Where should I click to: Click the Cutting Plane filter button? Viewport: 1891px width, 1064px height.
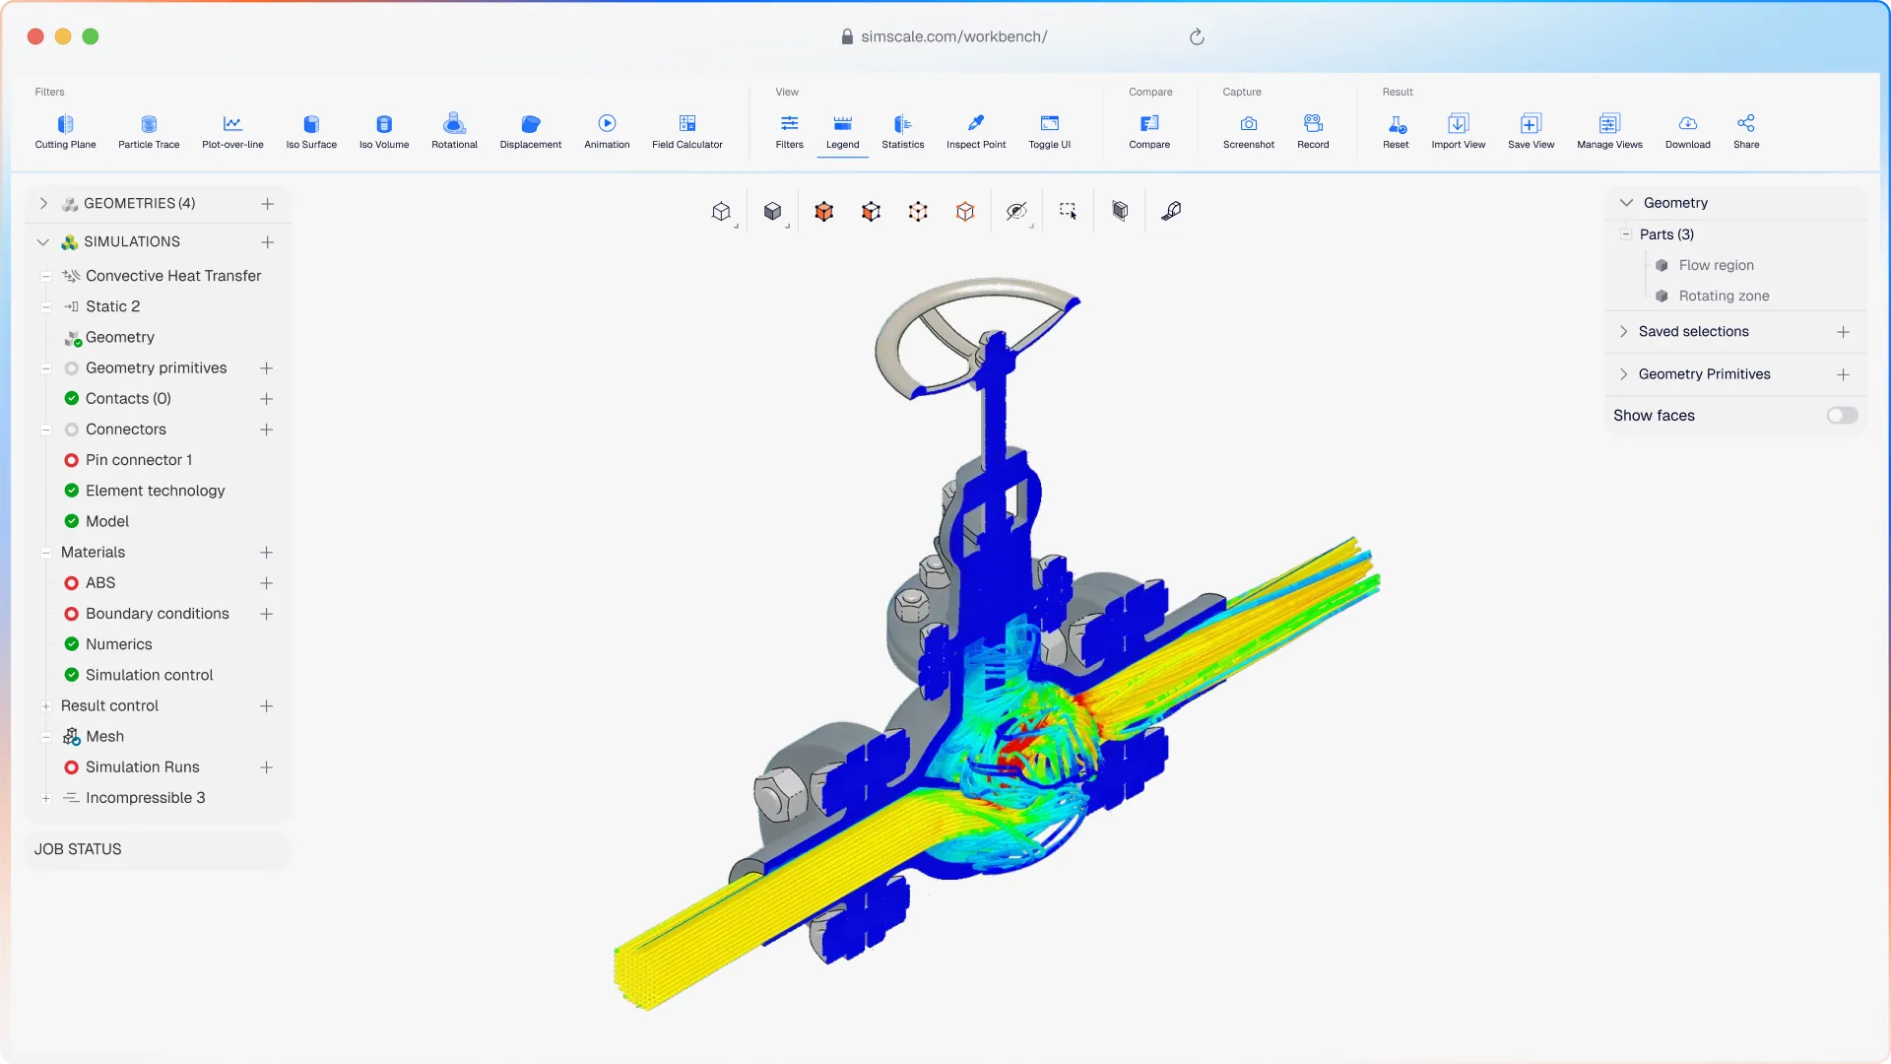coord(65,131)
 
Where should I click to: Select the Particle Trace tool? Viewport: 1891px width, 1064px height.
coord(149,131)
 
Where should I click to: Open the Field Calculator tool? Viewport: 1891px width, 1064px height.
coord(687,131)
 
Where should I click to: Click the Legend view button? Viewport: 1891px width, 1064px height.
coord(842,131)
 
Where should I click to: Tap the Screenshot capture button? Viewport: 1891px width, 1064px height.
coord(1249,131)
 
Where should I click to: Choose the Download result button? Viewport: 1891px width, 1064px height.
coord(1688,131)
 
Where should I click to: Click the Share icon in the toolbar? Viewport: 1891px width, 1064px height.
coord(1746,123)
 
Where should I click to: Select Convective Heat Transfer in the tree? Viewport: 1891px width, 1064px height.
coord(173,276)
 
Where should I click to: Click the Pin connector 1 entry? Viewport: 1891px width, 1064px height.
coord(139,460)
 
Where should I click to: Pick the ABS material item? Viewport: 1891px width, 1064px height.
coord(100,583)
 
